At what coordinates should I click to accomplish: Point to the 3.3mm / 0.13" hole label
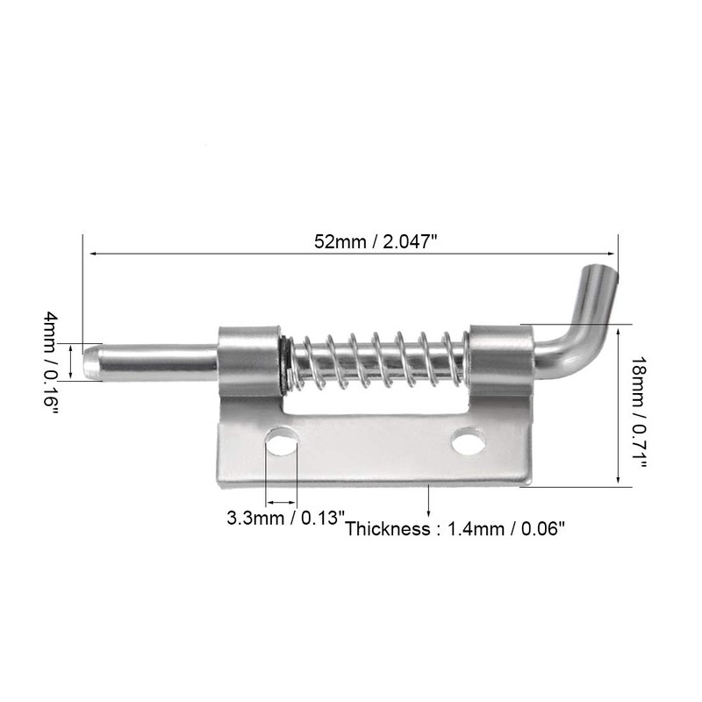pos(282,518)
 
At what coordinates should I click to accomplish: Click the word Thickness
pos(385,529)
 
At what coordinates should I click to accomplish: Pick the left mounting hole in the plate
pos(282,441)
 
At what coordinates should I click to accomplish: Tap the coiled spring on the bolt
pos(377,360)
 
